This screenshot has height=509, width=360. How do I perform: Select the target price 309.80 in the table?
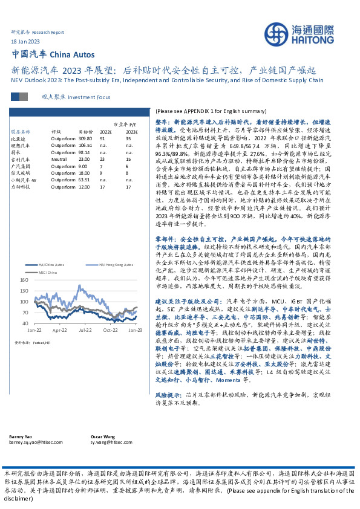tap(85, 138)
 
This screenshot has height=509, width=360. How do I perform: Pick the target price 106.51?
tap(85, 145)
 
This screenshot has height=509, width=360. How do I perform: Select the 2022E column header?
tap(105, 131)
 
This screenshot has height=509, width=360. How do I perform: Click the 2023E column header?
tap(131, 131)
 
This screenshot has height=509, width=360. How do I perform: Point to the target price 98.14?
tap(85, 152)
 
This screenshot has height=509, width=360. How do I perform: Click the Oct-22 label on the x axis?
tap(110, 331)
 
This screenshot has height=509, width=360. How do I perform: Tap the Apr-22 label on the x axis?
tap(59, 331)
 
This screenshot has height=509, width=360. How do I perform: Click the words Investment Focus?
tap(89, 97)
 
